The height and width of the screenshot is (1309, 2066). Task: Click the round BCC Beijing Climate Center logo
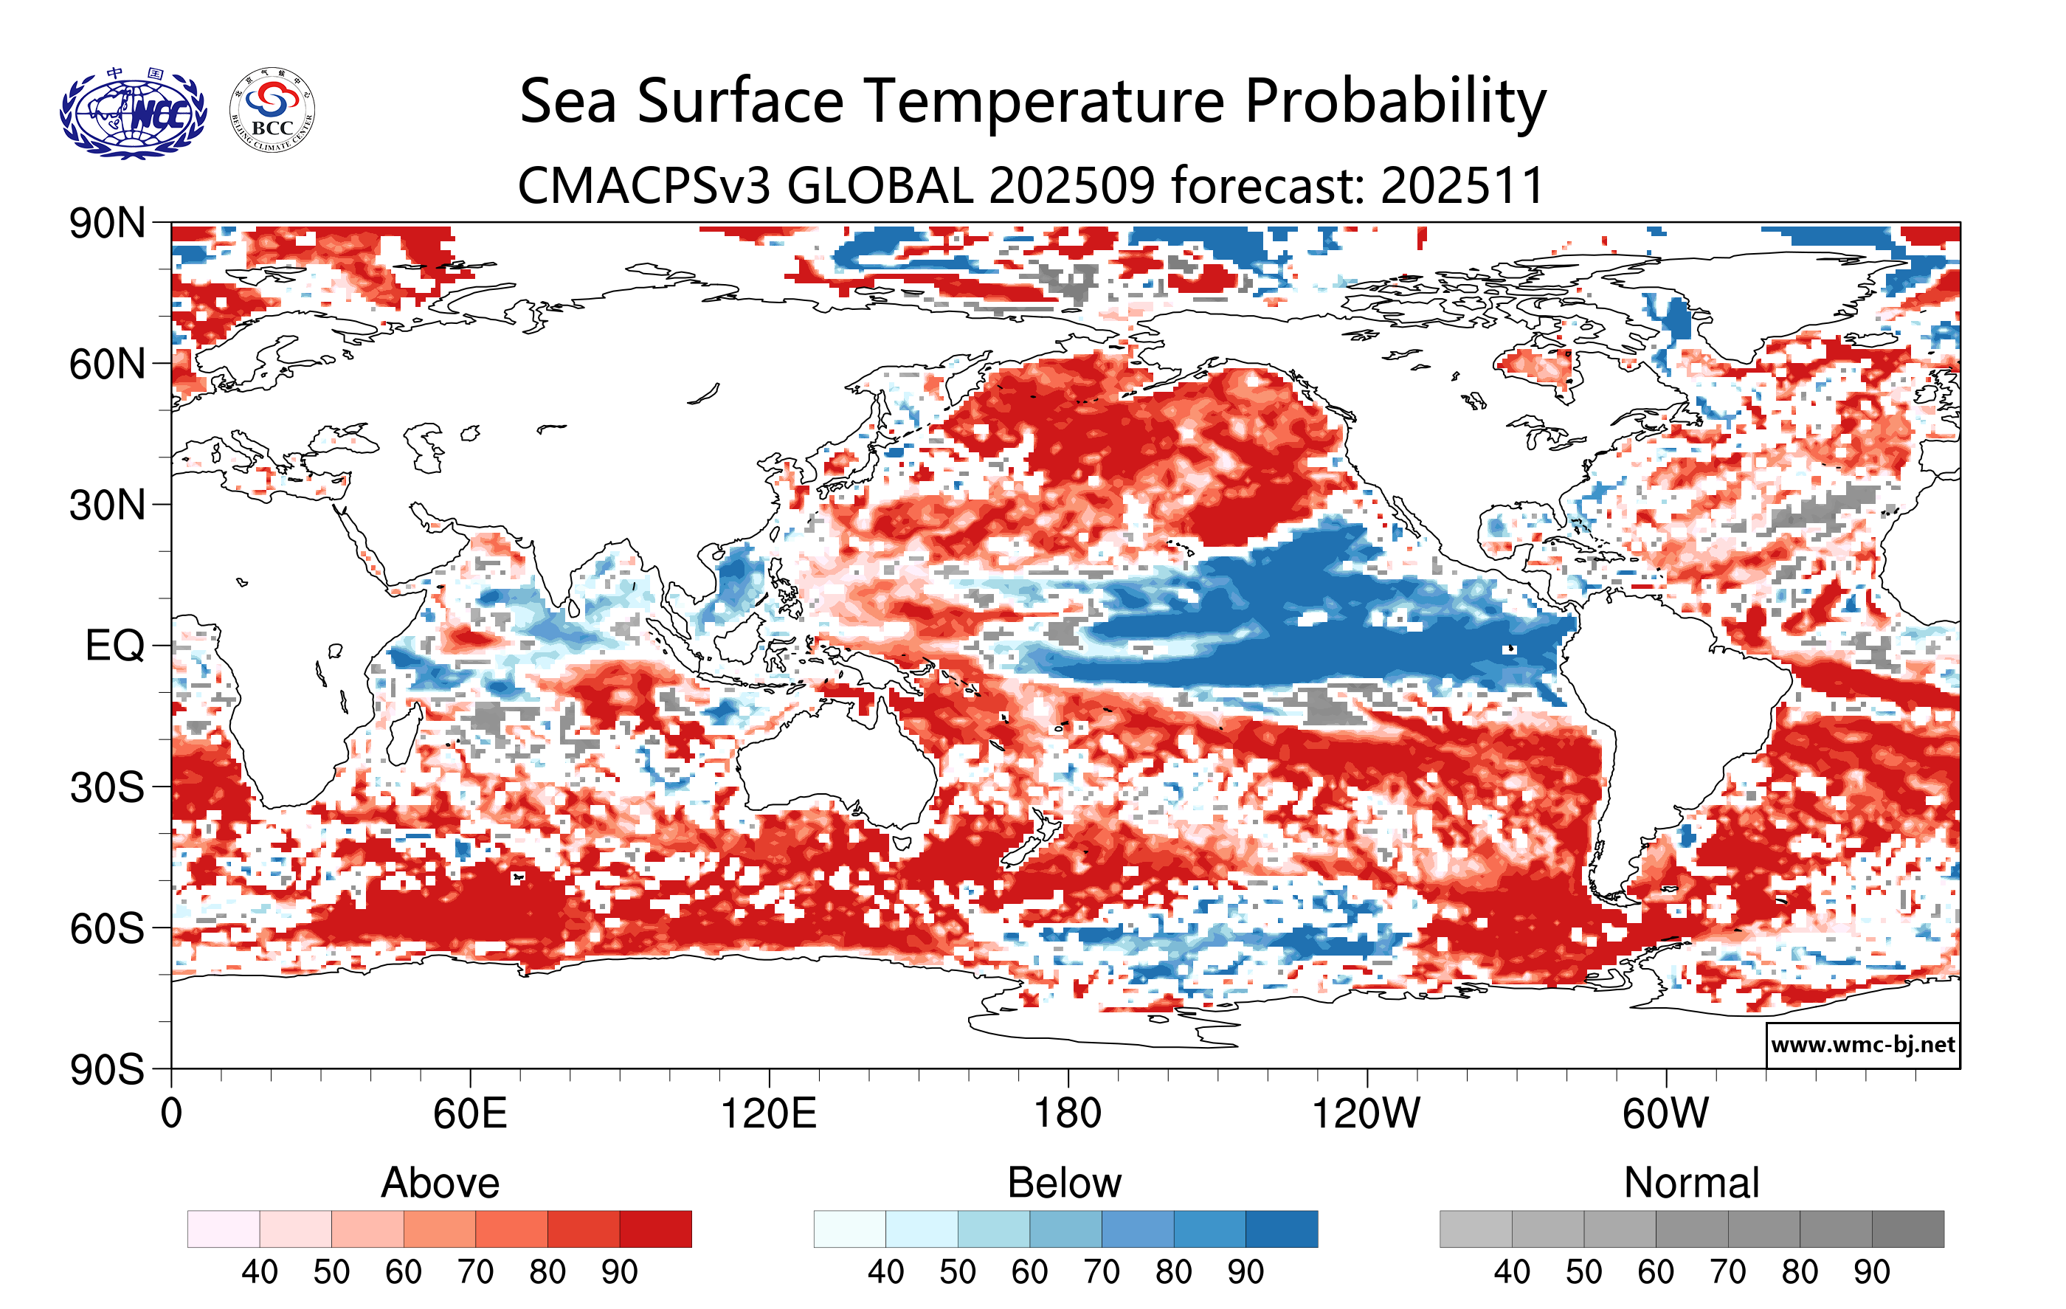(272, 111)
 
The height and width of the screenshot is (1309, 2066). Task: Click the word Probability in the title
(1395, 102)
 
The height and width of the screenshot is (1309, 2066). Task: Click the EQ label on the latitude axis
(114, 646)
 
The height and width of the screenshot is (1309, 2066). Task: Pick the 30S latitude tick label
(107, 787)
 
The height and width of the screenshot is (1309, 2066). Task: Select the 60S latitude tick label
(107, 929)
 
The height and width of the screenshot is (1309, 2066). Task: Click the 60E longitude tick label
(469, 1114)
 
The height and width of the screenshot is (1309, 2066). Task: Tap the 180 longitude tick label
(1068, 1114)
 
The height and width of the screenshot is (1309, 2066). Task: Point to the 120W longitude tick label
(1366, 1114)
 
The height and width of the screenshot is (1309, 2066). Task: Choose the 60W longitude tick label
(1665, 1114)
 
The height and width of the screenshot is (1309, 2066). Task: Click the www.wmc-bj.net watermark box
(1862, 1045)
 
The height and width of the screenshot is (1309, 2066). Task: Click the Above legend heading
(441, 1183)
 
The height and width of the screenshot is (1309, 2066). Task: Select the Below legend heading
(1064, 1183)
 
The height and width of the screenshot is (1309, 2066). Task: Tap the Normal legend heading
(1691, 1183)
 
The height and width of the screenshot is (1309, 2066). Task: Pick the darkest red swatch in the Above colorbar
(655, 1229)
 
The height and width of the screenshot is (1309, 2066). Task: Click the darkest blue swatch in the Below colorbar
(1281, 1229)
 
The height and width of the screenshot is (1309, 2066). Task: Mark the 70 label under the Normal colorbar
(1727, 1272)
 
